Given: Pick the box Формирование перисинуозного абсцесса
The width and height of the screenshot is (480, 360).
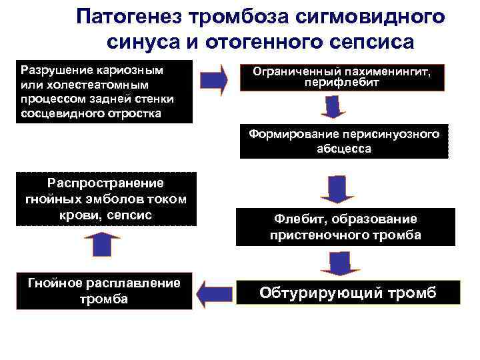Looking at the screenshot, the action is tap(344, 142).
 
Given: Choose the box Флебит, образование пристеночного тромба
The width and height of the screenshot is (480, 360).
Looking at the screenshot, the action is tap(345, 227).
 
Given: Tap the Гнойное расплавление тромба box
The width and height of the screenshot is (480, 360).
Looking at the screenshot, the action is tap(103, 291).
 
